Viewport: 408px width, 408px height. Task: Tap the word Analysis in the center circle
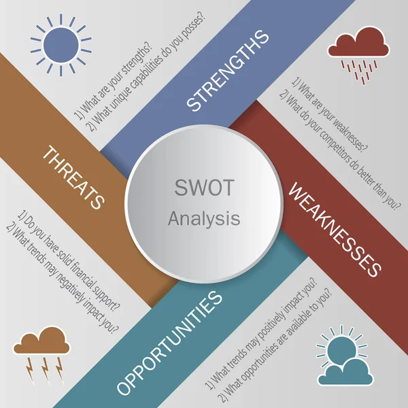tap(203, 219)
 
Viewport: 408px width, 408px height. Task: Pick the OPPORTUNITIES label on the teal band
tap(170, 343)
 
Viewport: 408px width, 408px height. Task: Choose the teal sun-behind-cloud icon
tap(345, 357)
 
